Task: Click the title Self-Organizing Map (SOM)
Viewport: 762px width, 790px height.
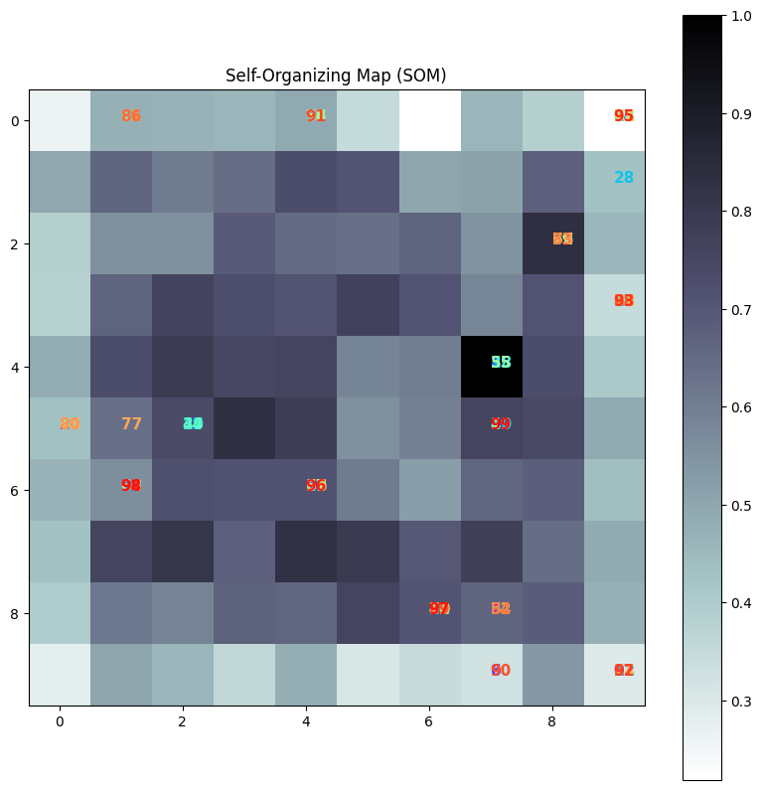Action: pos(336,76)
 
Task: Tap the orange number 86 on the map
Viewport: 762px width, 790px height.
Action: pos(131,116)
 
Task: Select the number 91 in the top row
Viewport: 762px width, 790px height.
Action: pos(316,116)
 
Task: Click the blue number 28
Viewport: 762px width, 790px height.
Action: pos(624,178)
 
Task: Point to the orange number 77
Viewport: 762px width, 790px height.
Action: pos(131,424)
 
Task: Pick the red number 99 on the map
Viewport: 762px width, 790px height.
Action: pos(501,424)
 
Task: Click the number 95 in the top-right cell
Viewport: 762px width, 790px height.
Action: pos(624,116)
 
